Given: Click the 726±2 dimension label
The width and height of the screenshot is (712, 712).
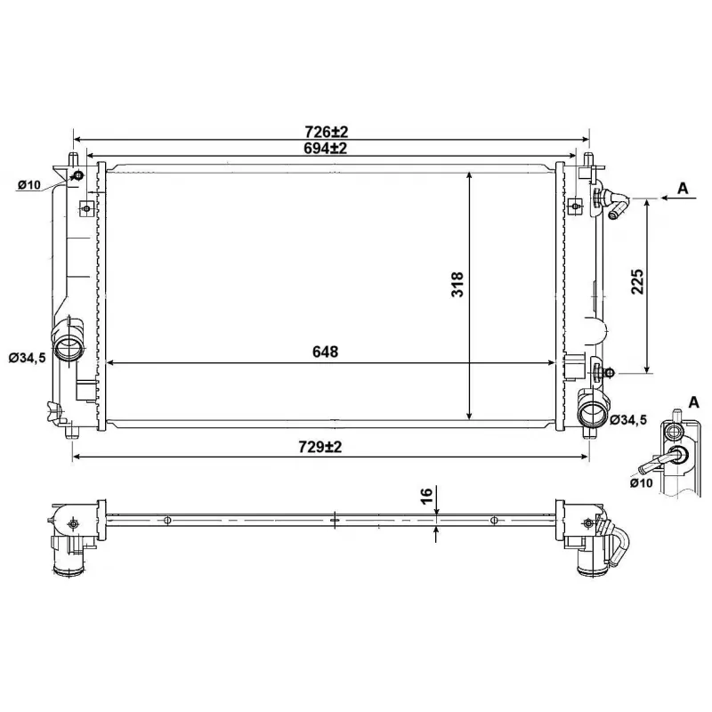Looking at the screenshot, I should click(329, 132).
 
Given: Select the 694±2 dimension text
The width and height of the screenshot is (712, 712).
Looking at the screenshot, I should click(329, 149).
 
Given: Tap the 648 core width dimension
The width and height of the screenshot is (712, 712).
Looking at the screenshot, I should click(325, 352).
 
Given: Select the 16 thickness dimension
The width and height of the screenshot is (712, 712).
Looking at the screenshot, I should click(426, 496).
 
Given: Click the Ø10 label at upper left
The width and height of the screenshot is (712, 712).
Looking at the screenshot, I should click(28, 185).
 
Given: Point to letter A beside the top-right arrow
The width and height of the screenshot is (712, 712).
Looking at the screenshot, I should click(683, 188).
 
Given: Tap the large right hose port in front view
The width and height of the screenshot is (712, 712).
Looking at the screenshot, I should click(592, 414).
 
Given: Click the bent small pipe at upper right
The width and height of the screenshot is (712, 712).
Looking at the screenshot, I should click(615, 204).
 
